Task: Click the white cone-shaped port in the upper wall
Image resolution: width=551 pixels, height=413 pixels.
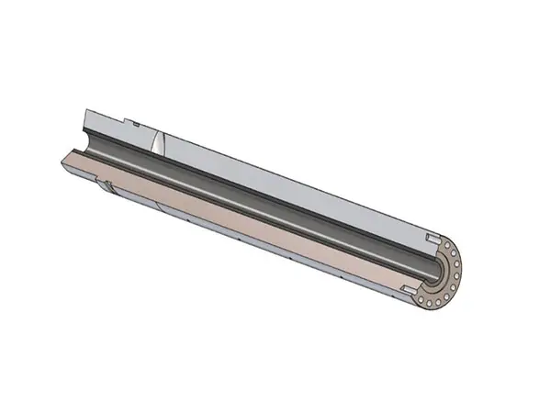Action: pyautogui.click(x=159, y=142)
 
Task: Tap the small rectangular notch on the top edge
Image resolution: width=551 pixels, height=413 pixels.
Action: pyautogui.click(x=134, y=121)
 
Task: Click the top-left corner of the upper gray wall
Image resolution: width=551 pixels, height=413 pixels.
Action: pyautogui.click(x=85, y=109)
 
